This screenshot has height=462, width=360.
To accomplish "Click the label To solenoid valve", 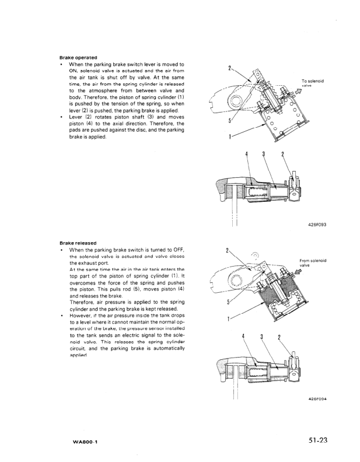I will pyautogui.click(x=313, y=83).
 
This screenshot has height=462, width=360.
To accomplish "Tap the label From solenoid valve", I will pyautogui.click(x=312, y=262).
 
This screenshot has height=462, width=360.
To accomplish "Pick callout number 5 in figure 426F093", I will pyautogui.click(x=230, y=121).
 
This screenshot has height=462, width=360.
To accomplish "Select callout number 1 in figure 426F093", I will pyautogui.click(x=230, y=138).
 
